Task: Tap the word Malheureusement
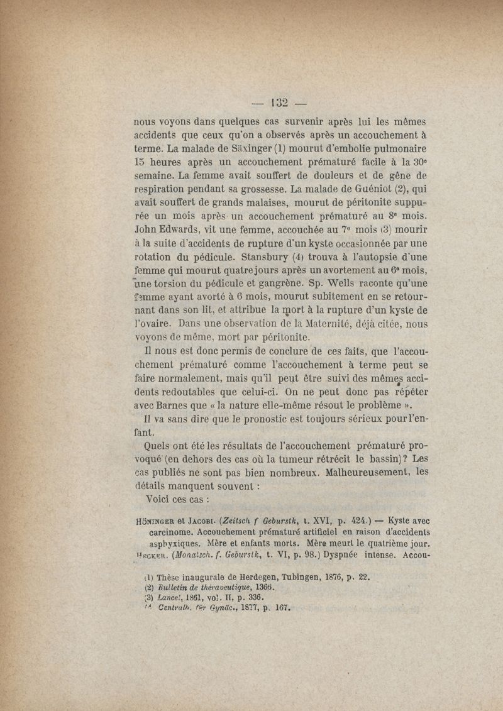[360, 473]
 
